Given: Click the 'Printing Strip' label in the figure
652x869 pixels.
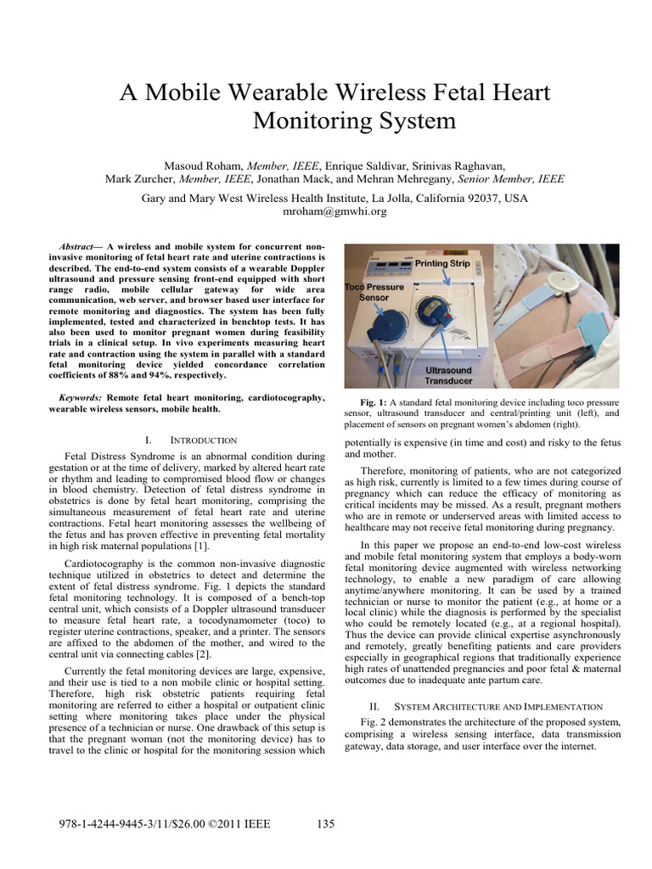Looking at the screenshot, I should (x=441, y=263).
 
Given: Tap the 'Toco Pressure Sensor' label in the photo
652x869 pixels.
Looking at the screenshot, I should (x=374, y=293).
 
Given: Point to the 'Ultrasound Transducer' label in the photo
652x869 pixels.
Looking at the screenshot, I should (x=449, y=375).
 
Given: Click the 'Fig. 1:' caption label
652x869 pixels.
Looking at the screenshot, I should (x=374, y=401).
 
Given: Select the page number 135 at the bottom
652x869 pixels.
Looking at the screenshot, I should (x=326, y=823).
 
